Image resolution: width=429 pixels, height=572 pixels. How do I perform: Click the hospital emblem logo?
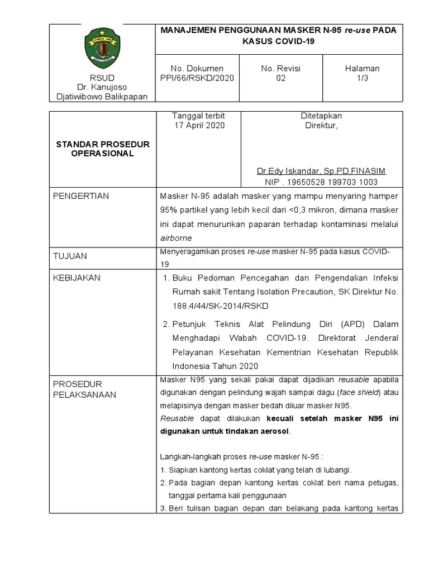click(102, 47)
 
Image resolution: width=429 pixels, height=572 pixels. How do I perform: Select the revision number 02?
click(280, 78)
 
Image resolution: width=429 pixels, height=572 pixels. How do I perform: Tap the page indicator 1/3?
click(362, 78)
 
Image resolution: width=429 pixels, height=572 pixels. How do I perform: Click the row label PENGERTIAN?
click(80, 196)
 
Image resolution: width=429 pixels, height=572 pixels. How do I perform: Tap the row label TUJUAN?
click(70, 256)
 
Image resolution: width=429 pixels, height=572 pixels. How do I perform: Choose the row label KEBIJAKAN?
click(77, 278)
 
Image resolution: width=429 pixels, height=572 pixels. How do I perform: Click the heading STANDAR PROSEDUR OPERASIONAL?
click(103, 149)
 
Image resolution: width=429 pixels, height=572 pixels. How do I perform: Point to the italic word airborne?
click(176, 237)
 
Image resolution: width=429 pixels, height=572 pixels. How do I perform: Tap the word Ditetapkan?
click(321, 116)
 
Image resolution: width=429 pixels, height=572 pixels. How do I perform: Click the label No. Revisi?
click(280, 68)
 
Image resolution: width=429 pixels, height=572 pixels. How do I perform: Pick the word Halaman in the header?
click(362, 68)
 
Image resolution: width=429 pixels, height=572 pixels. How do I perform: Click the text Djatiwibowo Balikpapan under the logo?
click(102, 96)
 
